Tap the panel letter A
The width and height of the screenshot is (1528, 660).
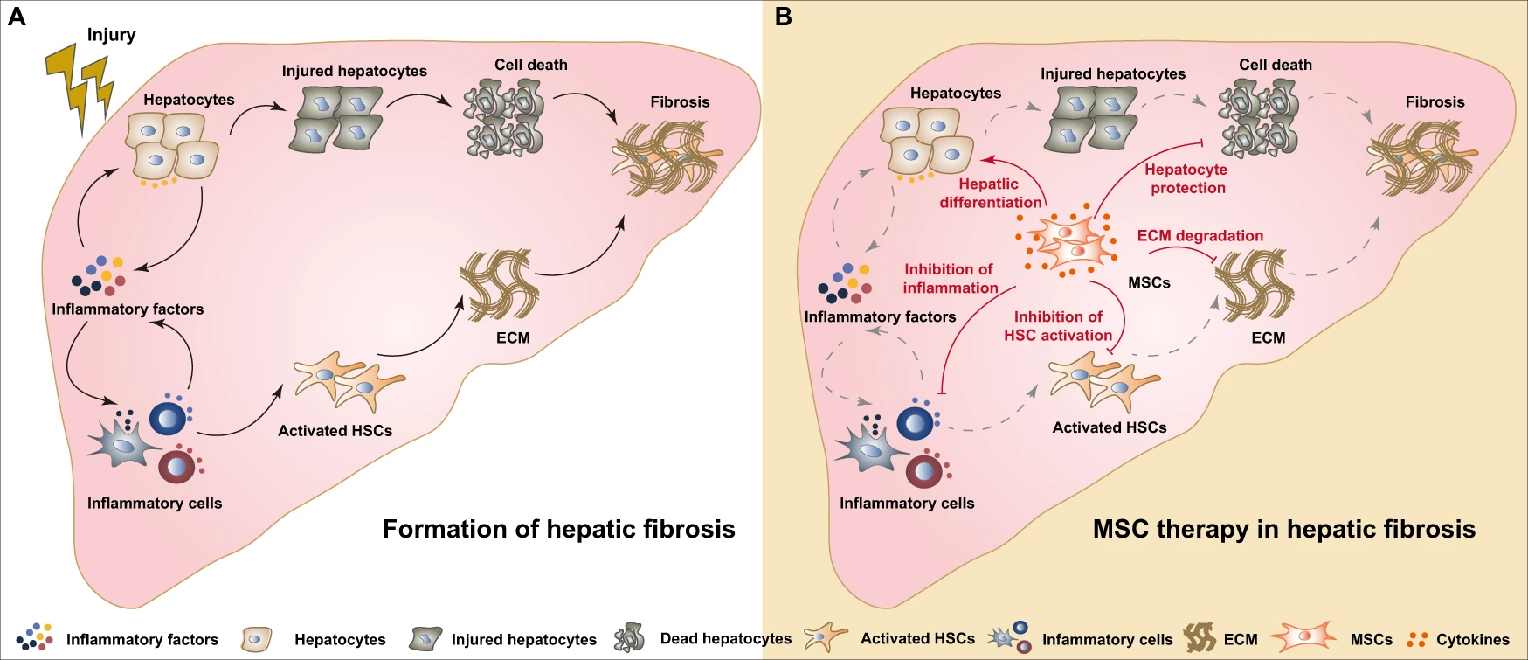(x=17, y=17)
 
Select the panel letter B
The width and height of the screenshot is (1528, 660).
(x=784, y=17)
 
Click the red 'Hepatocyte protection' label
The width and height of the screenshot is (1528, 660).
(x=1187, y=178)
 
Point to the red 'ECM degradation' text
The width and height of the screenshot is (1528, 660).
(x=1200, y=236)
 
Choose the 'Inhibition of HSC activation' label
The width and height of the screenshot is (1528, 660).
(x=1058, y=326)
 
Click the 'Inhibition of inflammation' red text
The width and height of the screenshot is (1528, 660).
(x=950, y=279)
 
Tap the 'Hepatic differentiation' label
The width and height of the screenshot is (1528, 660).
(x=990, y=193)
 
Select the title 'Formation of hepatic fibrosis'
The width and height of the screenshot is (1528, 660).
(x=558, y=529)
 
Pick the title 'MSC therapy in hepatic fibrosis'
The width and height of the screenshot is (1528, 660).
(x=1283, y=529)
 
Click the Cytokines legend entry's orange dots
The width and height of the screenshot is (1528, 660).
(x=1417, y=640)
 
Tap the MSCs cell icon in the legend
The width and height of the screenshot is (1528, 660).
(x=1303, y=638)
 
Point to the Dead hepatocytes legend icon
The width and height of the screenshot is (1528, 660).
(x=629, y=638)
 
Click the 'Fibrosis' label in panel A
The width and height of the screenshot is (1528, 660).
(x=680, y=102)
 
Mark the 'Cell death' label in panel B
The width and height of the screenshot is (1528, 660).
(x=1275, y=65)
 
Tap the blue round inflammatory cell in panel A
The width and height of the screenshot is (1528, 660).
(x=169, y=418)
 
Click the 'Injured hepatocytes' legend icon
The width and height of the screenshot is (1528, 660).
(x=425, y=639)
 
